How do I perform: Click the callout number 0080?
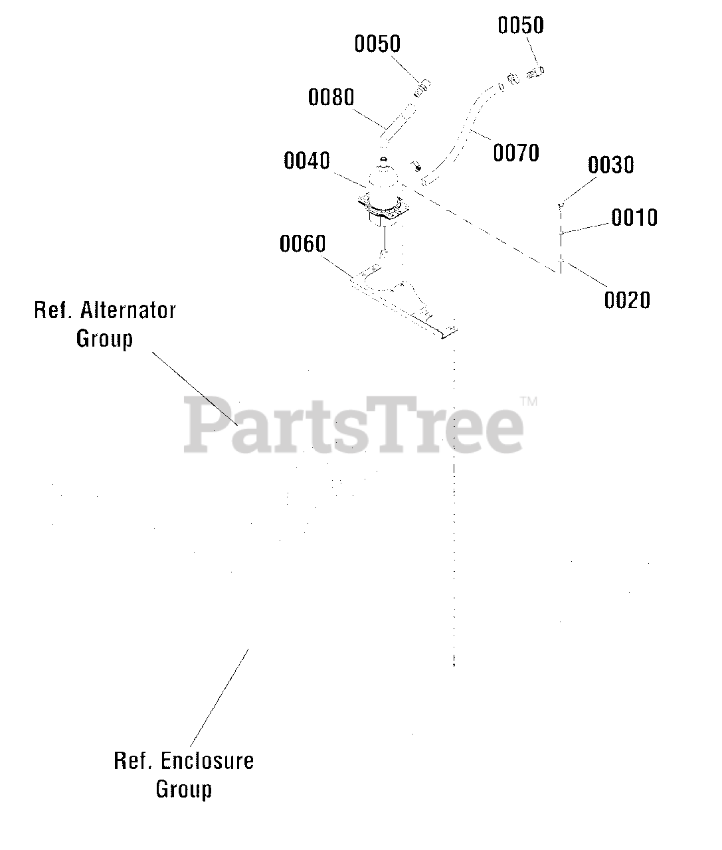[331, 98]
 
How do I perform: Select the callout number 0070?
[515, 153]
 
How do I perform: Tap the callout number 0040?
[306, 161]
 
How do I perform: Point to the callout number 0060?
[302, 244]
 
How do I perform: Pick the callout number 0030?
[610, 165]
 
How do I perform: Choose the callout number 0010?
[634, 217]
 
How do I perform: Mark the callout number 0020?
[627, 300]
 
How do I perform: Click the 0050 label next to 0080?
[377, 44]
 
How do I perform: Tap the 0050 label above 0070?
[521, 26]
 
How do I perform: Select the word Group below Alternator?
[104, 339]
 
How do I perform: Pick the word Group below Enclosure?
[184, 790]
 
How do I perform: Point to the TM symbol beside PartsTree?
[529, 401]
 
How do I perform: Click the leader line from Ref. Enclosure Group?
[219, 697]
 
